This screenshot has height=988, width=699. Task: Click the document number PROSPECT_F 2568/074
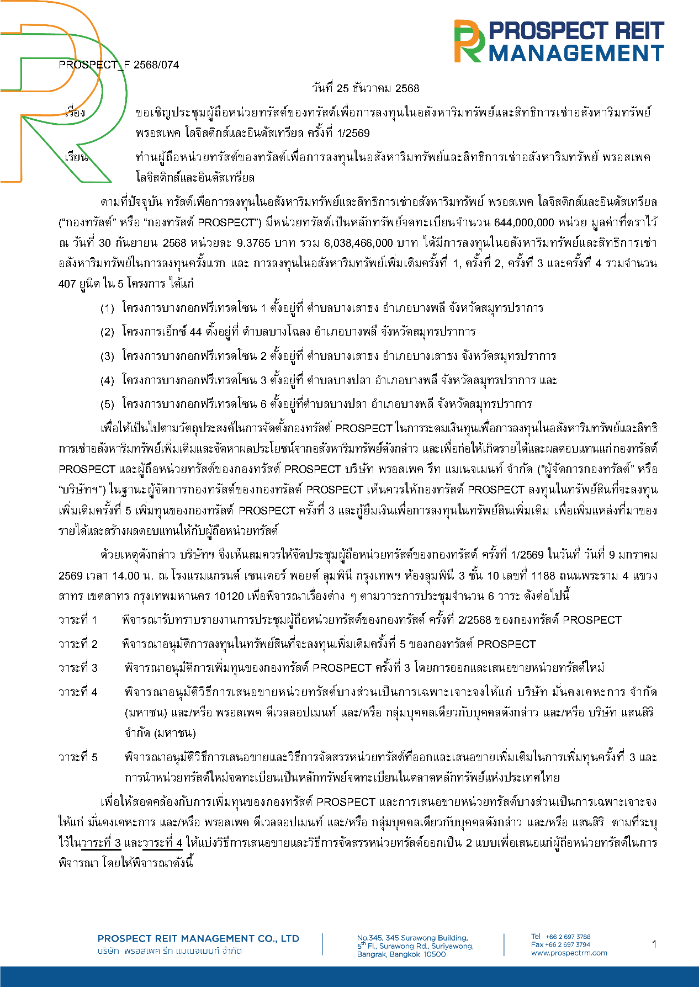click(119, 65)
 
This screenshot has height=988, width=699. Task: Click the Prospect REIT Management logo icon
click(469, 41)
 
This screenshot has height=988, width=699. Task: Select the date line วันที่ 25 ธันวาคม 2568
click(365, 88)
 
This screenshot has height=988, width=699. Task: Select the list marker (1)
click(107, 308)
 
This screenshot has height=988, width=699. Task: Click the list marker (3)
click(107, 356)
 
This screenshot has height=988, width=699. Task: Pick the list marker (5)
click(107, 404)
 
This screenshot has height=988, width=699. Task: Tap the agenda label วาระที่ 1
click(78, 620)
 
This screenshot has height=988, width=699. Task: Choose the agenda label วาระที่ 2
click(78, 644)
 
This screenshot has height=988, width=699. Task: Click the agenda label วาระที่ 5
click(78, 757)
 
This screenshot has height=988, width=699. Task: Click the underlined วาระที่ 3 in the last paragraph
click(101, 843)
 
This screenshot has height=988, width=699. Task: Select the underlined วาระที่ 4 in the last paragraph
click(162, 843)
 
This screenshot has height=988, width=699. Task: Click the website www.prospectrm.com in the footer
click(569, 953)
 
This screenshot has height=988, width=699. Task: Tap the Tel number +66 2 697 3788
click(568, 937)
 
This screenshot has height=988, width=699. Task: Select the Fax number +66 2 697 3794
click(568, 944)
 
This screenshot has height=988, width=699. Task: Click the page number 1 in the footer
click(654, 944)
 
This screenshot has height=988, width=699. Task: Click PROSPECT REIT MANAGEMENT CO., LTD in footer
click(198, 938)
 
